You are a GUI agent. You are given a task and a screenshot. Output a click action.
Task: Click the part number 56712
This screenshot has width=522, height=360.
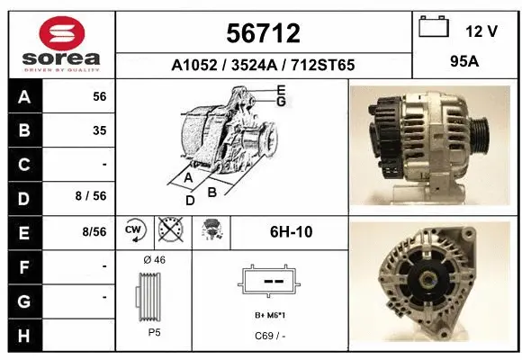[262, 34]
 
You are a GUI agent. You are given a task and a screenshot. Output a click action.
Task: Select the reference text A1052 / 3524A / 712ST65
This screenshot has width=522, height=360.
[263, 65]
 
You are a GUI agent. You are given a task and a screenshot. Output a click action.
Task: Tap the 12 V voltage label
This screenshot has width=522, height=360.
[481, 31]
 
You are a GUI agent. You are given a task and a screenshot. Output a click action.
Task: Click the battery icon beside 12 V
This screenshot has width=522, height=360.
[435, 29]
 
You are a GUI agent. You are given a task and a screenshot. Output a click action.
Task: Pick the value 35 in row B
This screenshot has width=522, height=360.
[99, 130]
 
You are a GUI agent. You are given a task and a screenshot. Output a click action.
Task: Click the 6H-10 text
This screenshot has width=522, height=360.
[291, 231]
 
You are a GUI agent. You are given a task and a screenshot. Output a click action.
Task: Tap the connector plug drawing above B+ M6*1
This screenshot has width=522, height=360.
[268, 283]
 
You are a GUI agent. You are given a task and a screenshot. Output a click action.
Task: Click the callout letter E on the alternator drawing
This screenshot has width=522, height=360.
[281, 90]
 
